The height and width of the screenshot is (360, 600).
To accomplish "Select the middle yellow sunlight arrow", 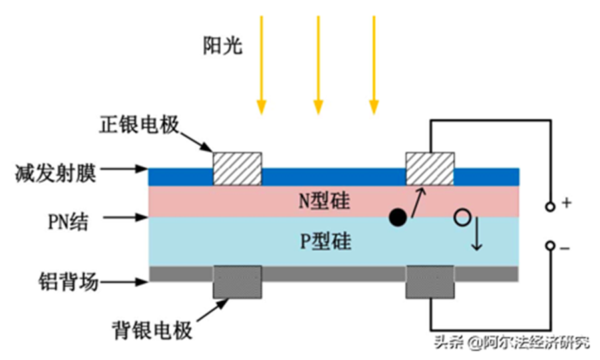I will point(318,63).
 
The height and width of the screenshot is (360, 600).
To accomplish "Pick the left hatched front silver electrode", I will point(237,169).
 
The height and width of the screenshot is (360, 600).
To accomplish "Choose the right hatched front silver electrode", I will point(430,169).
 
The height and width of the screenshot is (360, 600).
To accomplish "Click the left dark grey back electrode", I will point(237,281).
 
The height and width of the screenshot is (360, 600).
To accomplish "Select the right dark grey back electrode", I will point(430,281).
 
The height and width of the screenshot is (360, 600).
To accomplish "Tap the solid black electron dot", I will point(397,217).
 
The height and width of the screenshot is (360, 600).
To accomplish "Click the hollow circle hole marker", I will point(461,217).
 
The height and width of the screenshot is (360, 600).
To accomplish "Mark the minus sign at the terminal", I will point(565,248).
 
